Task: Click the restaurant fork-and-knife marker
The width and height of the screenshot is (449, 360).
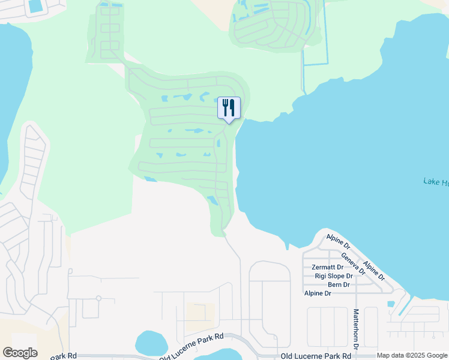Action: pyautogui.click(x=228, y=108)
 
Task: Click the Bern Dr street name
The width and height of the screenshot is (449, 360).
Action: pyautogui.click(x=339, y=284)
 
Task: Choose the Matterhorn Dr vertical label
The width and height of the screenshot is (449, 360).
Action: pyautogui.click(x=356, y=329)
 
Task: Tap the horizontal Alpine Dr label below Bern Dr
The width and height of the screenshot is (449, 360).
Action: pyautogui.click(x=318, y=293)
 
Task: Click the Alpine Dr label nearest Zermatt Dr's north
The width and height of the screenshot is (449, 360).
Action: pyautogui.click(x=339, y=241)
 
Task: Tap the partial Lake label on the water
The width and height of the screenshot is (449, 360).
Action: pyautogui.click(x=436, y=182)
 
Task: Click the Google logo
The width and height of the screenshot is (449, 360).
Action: pyautogui.click(x=20, y=353)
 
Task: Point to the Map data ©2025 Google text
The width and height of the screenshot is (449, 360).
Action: pyautogui.click(x=412, y=356)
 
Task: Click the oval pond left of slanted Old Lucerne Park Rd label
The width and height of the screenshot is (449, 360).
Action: pyautogui.click(x=151, y=343)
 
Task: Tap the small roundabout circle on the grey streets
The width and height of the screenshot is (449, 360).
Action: pyautogui.click(x=97, y=298)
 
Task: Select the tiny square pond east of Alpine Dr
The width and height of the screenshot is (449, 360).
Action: pyautogui.click(x=391, y=304)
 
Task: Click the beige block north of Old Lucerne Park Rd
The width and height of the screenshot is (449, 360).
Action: pyautogui.click(x=199, y=312)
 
